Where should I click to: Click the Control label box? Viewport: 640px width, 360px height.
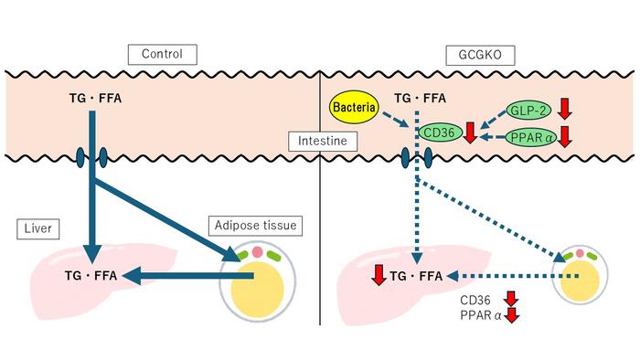click(162, 54)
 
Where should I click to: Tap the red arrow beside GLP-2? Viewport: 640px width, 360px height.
click(563, 109)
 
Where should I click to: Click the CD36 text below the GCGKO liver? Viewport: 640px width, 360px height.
click(474, 299)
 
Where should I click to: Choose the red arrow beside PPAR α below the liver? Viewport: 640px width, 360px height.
click(513, 315)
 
